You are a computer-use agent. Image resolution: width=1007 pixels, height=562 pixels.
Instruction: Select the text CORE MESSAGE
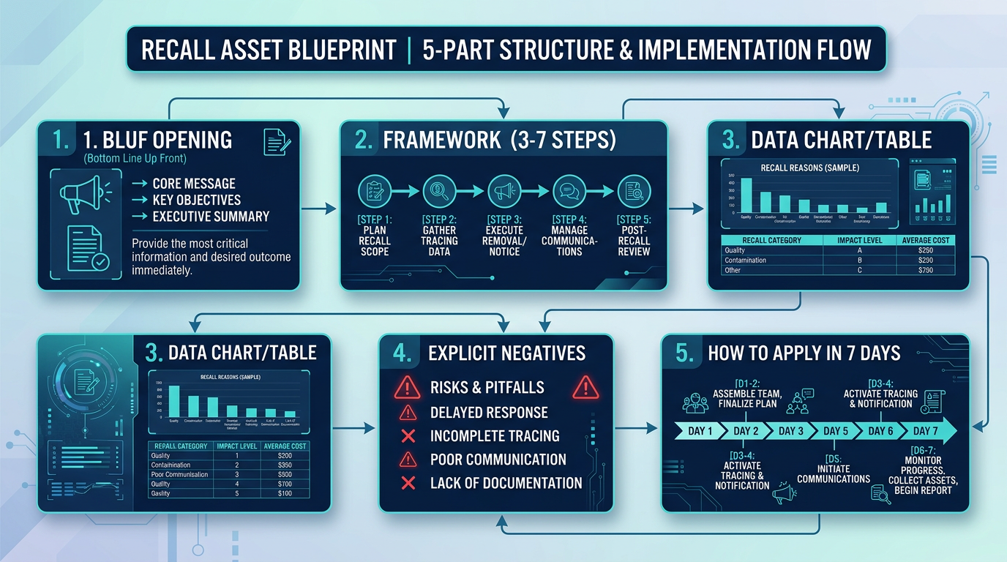pos(194,184)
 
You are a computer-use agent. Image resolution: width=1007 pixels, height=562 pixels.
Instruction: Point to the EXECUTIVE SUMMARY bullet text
pos(211,217)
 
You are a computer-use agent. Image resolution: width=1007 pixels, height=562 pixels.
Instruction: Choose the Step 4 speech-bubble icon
pos(569,192)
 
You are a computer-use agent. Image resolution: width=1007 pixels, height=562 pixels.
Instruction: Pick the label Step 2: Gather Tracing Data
pos(440,236)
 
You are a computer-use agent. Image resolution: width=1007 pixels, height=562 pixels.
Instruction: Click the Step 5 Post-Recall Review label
pos(633,236)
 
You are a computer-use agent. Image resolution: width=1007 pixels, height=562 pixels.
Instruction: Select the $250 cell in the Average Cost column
pos(925,250)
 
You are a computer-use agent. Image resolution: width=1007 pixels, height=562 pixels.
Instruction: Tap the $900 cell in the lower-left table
pos(285,474)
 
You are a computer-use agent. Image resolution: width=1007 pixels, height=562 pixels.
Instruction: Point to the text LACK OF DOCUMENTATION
pos(506,483)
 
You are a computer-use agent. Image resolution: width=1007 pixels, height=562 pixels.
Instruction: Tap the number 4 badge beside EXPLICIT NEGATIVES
pos(402,353)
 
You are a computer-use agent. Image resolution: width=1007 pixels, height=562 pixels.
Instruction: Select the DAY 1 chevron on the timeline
pos(700,431)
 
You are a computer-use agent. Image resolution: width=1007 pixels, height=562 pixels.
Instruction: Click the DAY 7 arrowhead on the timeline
pos(929,431)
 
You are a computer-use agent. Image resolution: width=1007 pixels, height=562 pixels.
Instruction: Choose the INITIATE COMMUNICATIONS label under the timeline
pos(834,473)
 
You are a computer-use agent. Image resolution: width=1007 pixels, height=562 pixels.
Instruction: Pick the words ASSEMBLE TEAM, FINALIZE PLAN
pos(747,399)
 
